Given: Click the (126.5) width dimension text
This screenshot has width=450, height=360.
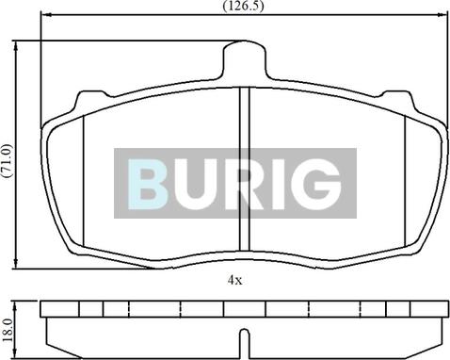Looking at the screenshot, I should pos(242,6).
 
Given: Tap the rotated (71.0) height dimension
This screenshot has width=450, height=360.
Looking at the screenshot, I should pos(7,157).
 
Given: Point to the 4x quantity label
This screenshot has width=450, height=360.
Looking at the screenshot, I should pos(234,280).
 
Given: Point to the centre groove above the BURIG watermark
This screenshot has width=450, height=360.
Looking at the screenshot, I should pos(243,118).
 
